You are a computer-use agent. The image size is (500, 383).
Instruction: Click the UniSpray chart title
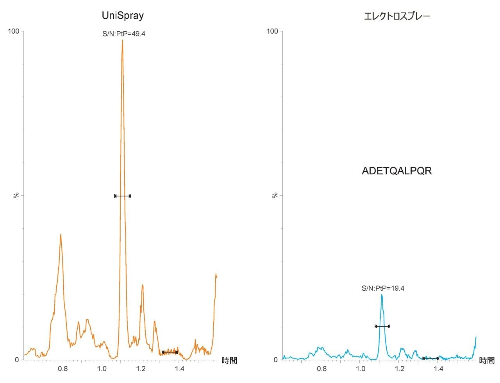point(123,16)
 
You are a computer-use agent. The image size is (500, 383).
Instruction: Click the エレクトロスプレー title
point(397,16)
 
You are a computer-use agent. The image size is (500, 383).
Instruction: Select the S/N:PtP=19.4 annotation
point(383,288)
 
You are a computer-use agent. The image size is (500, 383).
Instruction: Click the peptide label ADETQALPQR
point(397,171)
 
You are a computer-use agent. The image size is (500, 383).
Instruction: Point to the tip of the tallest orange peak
point(122,40)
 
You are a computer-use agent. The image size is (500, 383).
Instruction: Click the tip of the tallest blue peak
point(382,295)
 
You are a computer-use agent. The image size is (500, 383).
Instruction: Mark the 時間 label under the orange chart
point(229,360)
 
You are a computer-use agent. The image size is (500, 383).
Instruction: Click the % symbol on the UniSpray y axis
point(16,195)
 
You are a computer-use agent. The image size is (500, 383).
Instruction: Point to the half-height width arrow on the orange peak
point(123,196)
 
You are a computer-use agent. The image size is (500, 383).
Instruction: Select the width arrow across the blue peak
point(382,326)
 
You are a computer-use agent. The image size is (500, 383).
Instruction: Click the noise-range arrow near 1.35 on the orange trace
point(170,352)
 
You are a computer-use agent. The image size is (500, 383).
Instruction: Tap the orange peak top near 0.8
point(61,235)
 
